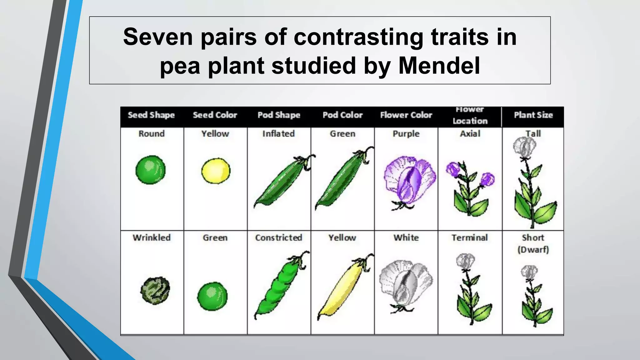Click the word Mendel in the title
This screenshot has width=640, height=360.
439,66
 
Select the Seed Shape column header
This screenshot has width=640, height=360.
151,115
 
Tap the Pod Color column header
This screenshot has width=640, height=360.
342,115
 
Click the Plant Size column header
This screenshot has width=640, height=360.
533,115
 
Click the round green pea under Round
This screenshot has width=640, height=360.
151,170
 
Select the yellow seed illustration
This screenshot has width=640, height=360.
216,171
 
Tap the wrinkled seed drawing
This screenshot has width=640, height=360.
155,290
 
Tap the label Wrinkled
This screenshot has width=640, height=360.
152,237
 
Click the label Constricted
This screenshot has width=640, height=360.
279,237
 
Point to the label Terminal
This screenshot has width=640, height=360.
470,237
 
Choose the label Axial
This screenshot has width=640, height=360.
470,134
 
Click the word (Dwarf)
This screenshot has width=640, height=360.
533,250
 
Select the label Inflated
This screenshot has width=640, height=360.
278,134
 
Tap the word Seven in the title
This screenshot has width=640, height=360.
158,37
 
